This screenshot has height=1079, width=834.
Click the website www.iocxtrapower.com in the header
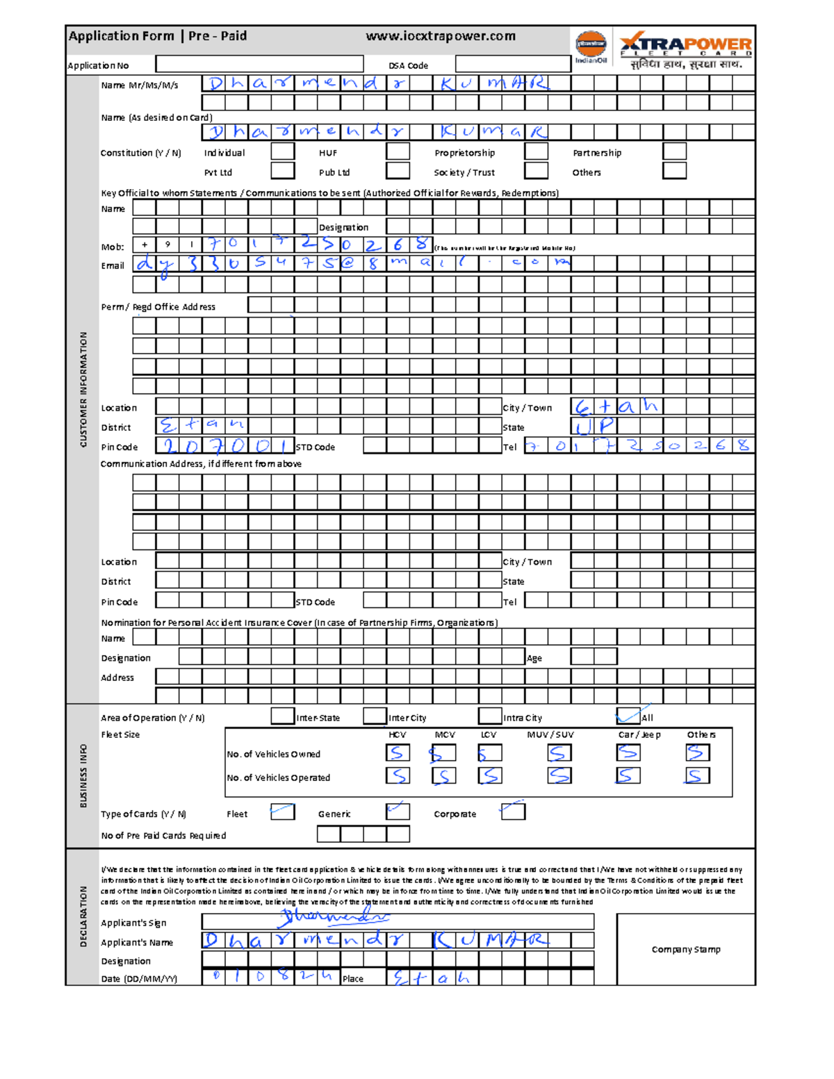click(x=441, y=36)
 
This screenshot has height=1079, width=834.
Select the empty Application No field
click(x=259, y=65)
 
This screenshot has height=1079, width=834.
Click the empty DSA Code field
click(x=513, y=65)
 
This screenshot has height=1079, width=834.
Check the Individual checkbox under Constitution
click(x=282, y=151)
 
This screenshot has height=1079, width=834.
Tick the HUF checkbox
click(x=398, y=151)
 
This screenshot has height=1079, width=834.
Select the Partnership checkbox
click(x=674, y=151)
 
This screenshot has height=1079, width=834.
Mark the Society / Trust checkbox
click(x=536, y=171)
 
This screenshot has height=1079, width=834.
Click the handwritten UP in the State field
click(x=594, y=426)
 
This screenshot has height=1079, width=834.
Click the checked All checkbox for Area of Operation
click(x=628, y=716)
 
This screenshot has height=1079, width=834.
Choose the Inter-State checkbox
click(x=282, y=716)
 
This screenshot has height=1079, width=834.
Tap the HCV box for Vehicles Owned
click(x=398, y=753)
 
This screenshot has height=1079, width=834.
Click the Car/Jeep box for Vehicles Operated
click(x=628, y=775)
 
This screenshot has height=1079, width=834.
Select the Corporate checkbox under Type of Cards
click(x=513, y=811)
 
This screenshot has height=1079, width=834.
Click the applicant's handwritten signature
click(x=334, y=919)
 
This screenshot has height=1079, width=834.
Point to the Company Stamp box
click(x=685, y=949)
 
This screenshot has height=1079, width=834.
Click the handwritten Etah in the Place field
click(x=432, y=978)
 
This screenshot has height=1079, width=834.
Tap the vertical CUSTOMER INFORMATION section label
click(x=83, y=389)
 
